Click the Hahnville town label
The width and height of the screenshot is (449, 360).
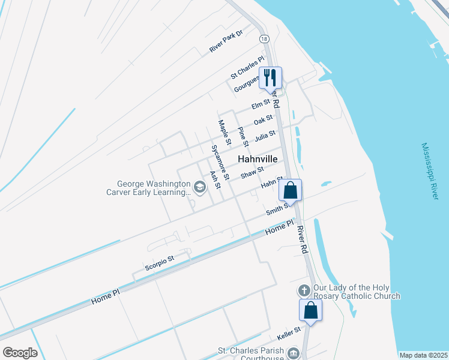pyautogui.click(x=258, y=160)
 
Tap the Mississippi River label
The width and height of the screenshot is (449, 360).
pyautogui.click(x=434, y=172)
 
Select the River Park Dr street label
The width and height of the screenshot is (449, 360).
pyautogui.click(x=226, y=41)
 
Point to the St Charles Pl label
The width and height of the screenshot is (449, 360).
pyautogui.click(x=247, y=68)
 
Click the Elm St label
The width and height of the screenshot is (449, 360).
pyautogui.click(x=261, y=106)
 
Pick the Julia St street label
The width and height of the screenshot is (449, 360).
pyautogui.click(x=265, y=136)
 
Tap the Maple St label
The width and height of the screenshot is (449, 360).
pyautogui.click(x=224, y=133)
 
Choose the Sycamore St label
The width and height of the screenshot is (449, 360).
pyautogui.click(x=220, y=162)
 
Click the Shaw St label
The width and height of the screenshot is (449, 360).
pyautogui.click(x=252, y=173)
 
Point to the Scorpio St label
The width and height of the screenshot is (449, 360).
pyautogui.click(x=159, y=260)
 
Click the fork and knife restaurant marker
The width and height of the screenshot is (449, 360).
pyautogui.click(x=270, y=77)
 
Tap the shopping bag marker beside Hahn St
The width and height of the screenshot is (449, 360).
pyautogui.click(x=291, y=190)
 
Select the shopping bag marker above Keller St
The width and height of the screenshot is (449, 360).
pyautogui.click(x=311, y=310)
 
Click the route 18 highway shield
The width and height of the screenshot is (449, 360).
pyautogui.click(x=265, y=38)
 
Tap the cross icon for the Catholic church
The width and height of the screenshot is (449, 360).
pyautogui.click(x=304, y=290)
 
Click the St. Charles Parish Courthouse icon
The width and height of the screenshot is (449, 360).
pyautogui.click(x=293, y=353)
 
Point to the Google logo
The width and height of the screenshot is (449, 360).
pyautogui.click(x=20, y=353)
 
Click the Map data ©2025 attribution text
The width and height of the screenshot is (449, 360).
pyautogui.click(x=423, y=355)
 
